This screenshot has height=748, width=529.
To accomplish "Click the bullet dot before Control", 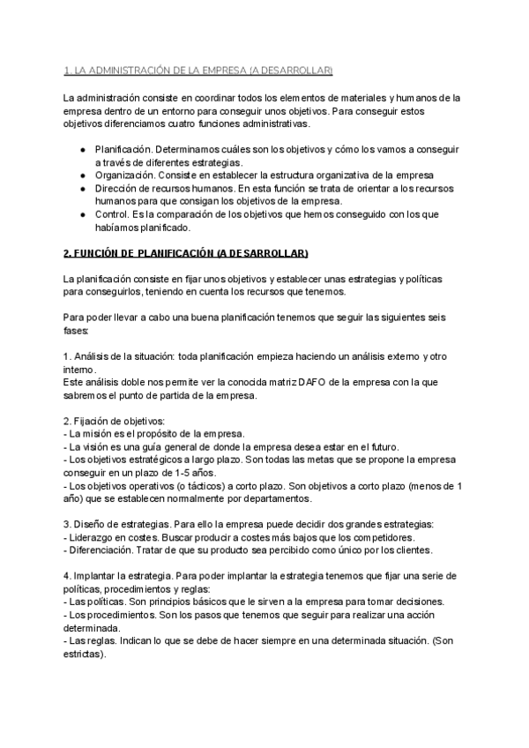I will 82,213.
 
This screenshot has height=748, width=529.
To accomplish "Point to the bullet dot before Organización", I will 82,176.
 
